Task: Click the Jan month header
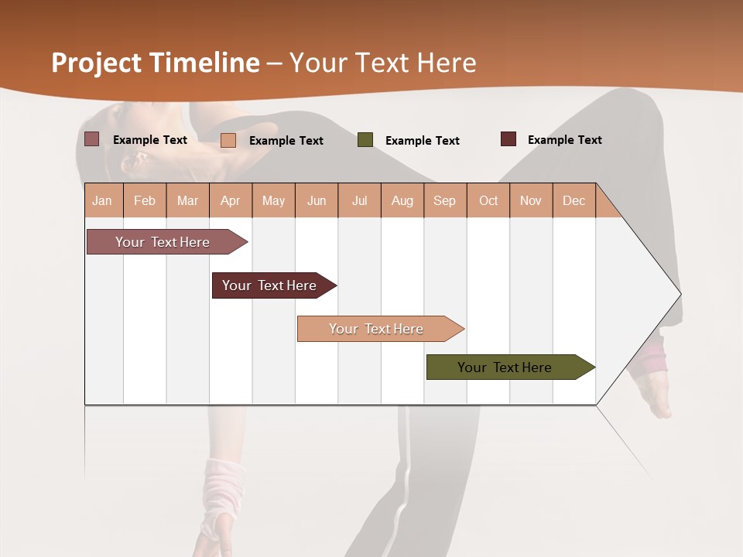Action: [x=102, y=200]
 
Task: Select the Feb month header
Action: [x=145, y=200]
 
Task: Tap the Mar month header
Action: [x=187, y=200]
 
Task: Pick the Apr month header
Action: [x=230, y=200]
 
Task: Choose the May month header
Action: [x=273, y=200]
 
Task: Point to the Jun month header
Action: [x=317, y=200]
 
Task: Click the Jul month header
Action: [x=359, y=200]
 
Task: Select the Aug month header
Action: [x=402, y=200]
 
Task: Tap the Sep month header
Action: [x=445, y=200]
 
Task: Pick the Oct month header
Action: [x=488, y=200]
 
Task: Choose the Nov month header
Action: [x=531, y=200]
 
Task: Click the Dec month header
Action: [x=574, y=200]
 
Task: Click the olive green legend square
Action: [x=365, y=140]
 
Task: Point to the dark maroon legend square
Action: [x=508, y=139]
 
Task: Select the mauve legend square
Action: [x=92, y=139]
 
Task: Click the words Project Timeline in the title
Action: [x=156, y=63]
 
